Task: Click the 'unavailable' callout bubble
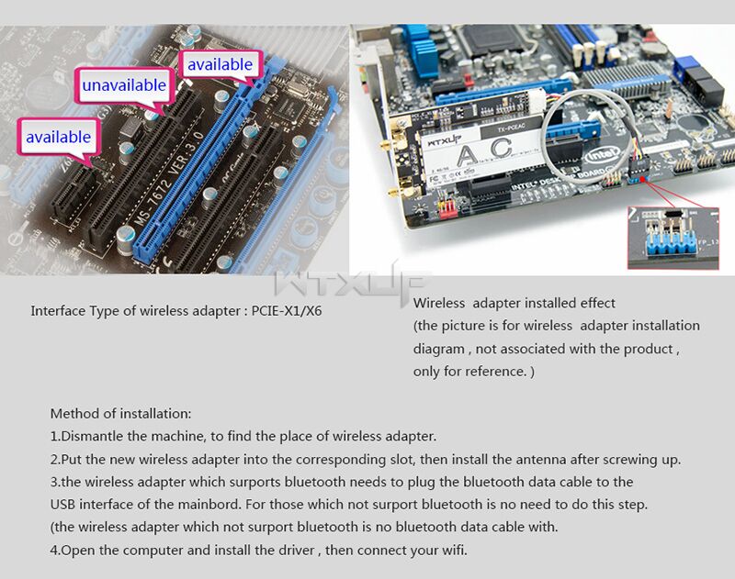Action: click(124, 85)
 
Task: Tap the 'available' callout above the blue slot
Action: click(220, 64)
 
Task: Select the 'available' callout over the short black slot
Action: click(59, 137)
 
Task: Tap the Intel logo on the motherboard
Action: click(602, 155)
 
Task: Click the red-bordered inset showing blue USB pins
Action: click(673, 238)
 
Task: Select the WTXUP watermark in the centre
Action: click(351, 283)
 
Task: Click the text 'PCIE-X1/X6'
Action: click(287, 311)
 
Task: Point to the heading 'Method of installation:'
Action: click(121, 414)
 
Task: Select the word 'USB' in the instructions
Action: click(62, 505)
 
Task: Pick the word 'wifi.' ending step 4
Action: click(455, 550)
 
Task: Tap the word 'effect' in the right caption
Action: click(598, 304)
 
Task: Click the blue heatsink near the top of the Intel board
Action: click(421, 50)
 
